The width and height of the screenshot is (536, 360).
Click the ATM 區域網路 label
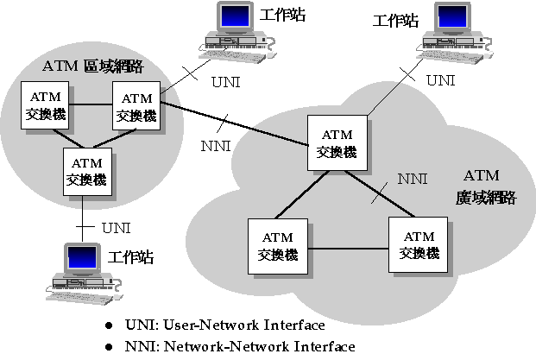[92, 66]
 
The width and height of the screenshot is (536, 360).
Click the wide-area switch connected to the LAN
[336, 143]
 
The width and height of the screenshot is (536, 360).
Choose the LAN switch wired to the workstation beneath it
[86, 171]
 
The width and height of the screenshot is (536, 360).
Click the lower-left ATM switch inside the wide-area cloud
[277, 246]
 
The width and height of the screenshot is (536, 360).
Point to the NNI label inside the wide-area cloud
[412, 179]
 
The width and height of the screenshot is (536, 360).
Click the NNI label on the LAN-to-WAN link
[216, 145]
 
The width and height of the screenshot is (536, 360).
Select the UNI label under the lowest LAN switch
[117, 228]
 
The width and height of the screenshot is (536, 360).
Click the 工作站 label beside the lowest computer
[130, 256]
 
